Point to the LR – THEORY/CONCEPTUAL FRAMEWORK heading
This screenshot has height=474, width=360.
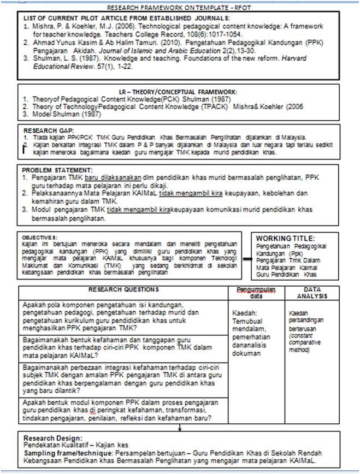point(179,92)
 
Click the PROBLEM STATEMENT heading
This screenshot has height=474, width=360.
point(57,170)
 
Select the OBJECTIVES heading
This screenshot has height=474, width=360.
point(39,238)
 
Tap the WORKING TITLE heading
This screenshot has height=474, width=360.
point(286,239)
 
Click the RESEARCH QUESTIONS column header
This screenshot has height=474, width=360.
point(123,289)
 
